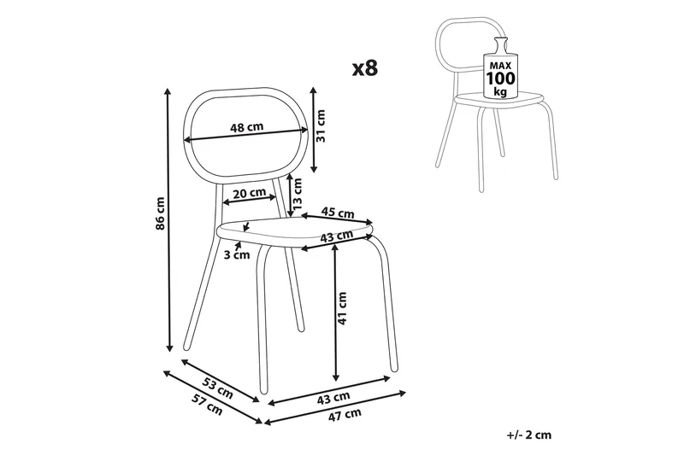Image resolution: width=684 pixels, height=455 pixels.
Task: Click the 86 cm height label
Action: [161, 213]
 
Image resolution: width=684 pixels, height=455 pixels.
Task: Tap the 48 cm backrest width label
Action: [247, 127]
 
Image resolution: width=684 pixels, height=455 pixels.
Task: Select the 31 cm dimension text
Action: [321, 125]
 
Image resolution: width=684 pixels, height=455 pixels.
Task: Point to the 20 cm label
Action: [249, 192]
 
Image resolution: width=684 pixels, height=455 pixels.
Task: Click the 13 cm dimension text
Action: [297, 193]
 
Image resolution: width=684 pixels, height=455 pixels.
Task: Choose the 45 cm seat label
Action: [338, 213]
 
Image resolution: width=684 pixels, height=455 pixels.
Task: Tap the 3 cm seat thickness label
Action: [237, 254]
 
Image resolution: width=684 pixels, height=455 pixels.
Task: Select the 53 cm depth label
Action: [218, 388]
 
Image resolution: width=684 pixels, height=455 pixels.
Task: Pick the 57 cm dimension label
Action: [207, 404]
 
